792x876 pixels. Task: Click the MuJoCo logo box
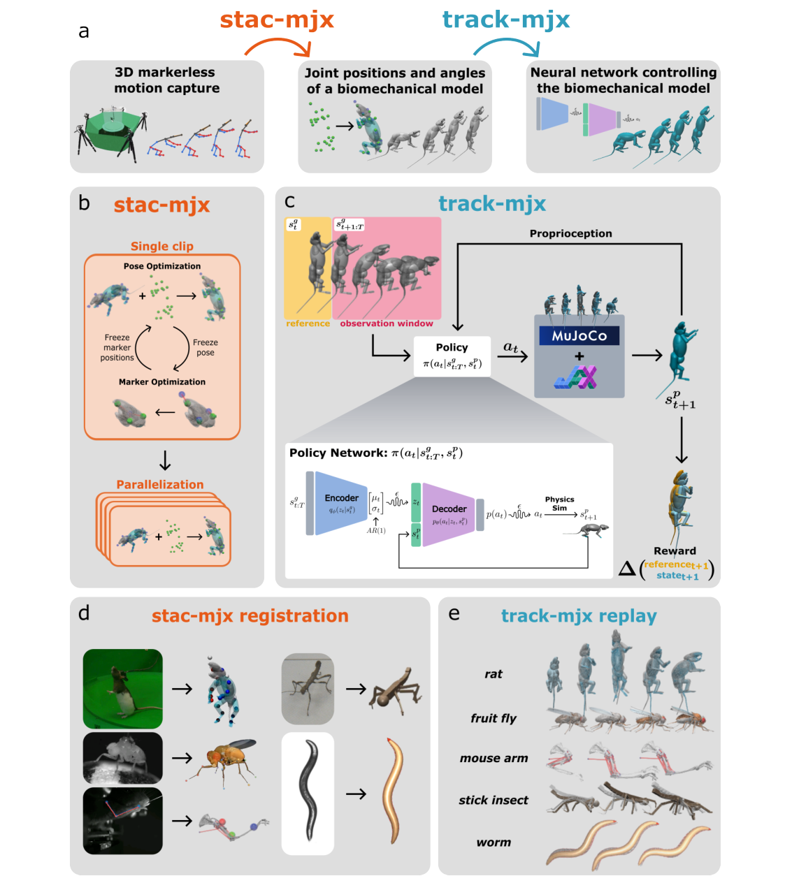[x=579, y=336]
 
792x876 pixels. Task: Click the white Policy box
[x=452, y=356]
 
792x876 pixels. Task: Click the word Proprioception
[x=570, y=233]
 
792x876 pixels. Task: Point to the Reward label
[x=675, y=550]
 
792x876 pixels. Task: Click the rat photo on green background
[x=123, y=689]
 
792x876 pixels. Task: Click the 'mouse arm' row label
[x=494, y=759]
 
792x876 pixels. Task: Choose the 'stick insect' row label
[x=493, y=801]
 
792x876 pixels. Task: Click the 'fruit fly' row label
[x=493, y=718]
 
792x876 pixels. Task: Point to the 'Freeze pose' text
[x=205, y=347]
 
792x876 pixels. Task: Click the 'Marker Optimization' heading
[x=162, y=382]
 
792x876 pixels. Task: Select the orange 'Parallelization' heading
[x=160, y=484]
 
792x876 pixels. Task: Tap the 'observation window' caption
[x=386, y=323]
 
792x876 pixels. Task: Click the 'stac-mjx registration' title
[x=250, y=615]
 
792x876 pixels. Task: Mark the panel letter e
[x=454, y=613]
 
